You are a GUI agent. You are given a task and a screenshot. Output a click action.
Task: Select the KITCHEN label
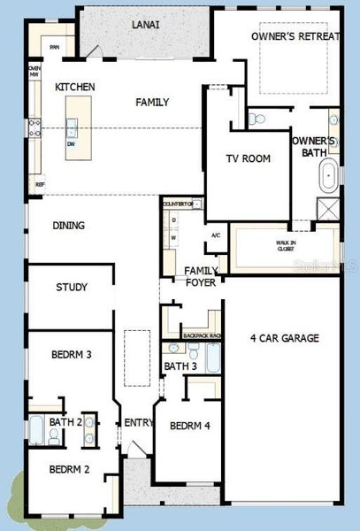click(74, 87)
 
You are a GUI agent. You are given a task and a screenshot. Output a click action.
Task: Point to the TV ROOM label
click(248, 158)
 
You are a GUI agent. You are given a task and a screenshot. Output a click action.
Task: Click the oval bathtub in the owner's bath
click(328, 177)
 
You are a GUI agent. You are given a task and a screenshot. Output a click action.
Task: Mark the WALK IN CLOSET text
click(284, 247)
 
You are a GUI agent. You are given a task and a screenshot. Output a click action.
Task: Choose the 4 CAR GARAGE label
click(284, 338)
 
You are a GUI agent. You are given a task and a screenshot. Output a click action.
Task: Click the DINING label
click(69, 226)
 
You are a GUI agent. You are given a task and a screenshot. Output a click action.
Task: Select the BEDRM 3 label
click(72, 354)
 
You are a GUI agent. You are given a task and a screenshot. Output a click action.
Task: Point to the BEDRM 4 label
click(189, 426)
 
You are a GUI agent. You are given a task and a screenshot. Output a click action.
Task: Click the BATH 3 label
click(180, 366)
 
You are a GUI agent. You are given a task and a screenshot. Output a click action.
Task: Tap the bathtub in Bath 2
click(36, 430)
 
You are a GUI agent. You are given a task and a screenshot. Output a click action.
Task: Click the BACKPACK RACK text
click(202, 336)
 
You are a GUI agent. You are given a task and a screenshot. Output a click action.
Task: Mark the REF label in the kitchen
click(39, 184)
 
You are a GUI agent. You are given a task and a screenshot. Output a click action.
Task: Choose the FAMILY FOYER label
click(201, 277)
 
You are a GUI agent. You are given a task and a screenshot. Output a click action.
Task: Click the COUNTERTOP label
click(183, 204)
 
